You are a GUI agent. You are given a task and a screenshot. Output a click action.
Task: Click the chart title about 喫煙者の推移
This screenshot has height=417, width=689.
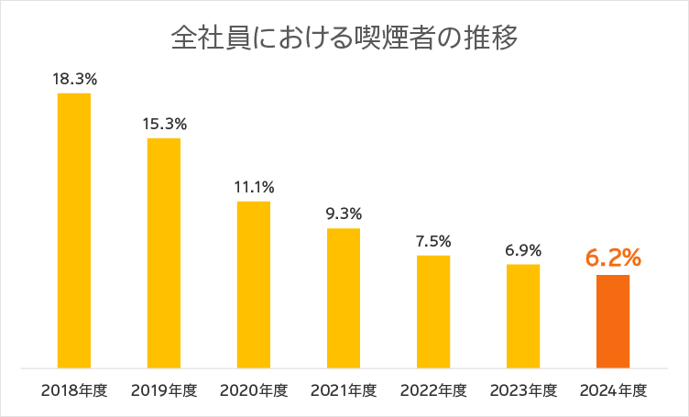point(344,39)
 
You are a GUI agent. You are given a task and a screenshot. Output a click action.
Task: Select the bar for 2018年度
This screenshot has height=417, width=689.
point(74,230)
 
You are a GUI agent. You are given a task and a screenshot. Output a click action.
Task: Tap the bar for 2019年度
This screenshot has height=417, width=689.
point(164,253)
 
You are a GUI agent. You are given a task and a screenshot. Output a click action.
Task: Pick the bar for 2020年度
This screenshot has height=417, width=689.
point(254,284)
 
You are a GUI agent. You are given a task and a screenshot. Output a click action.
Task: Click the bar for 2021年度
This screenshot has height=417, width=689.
point(344,298)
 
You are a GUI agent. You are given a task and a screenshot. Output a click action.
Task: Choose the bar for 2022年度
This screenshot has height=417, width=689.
point(433,312)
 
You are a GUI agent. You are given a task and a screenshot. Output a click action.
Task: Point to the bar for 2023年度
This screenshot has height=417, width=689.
point(523,316)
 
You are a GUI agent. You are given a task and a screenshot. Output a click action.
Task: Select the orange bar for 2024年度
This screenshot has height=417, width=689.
point(613,321)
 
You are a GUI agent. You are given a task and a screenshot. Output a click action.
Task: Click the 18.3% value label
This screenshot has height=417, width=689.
point(74,79)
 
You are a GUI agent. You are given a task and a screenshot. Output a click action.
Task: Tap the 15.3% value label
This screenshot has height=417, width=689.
point(164,124)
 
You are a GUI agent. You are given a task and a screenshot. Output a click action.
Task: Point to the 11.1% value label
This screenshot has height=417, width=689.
point(254,187)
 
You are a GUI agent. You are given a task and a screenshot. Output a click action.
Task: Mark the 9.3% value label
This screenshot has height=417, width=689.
point(344,214)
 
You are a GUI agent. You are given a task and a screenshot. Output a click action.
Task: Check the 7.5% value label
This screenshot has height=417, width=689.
point(433,241)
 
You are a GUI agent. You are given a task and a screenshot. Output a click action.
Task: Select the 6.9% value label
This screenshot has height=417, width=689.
point(523,249)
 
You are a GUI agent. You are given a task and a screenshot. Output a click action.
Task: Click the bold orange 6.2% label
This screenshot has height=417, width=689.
point(613,258)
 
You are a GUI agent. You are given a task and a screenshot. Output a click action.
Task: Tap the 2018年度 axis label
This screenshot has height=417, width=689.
point(74,390)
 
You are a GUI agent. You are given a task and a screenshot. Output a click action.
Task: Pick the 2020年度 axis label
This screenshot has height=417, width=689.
point(254,390)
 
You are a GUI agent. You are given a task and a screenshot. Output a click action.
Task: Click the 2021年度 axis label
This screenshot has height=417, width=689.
point(344,390)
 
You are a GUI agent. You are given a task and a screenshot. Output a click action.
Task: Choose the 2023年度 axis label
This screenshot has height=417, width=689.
point(523,390)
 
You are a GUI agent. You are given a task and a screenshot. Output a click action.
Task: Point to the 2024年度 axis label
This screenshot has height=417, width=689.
point(613,390)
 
